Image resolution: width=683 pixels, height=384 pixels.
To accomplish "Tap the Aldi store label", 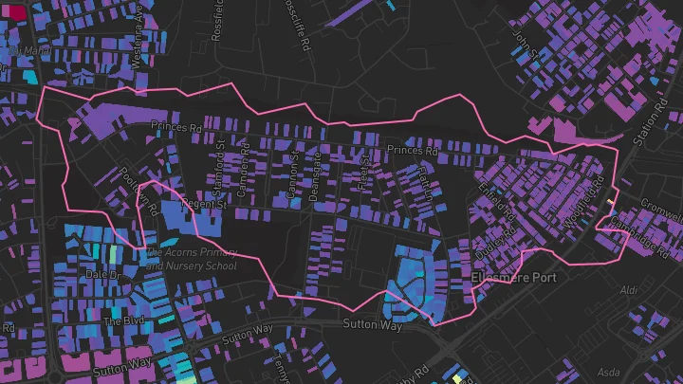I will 629,289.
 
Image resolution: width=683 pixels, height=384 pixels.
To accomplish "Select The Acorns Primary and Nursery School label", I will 191,259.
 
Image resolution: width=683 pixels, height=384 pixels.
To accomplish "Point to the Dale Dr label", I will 105,274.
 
